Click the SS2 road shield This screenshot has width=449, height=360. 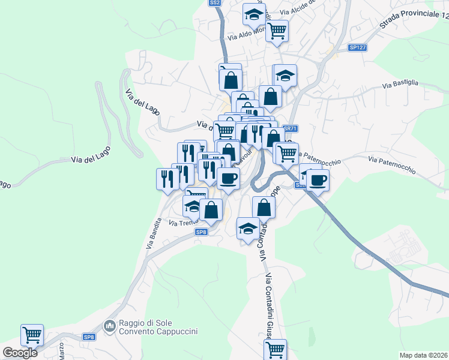[215, 3]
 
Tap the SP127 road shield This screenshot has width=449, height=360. [357, 47]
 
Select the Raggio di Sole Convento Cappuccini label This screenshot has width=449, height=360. [159, 326]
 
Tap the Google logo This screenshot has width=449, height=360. [20, 352]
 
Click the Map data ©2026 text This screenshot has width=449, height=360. [423, 355]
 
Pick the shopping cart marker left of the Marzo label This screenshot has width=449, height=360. [32, 335]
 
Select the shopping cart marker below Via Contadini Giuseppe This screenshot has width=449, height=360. [275, 349]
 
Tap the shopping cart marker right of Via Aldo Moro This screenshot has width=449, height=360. [277, 31]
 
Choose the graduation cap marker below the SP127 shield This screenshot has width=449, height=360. [286, 76]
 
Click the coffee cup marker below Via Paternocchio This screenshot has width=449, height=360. [318, 179]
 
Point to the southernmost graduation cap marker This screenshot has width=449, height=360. [247, 229]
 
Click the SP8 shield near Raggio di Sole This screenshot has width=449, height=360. [89, 337]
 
